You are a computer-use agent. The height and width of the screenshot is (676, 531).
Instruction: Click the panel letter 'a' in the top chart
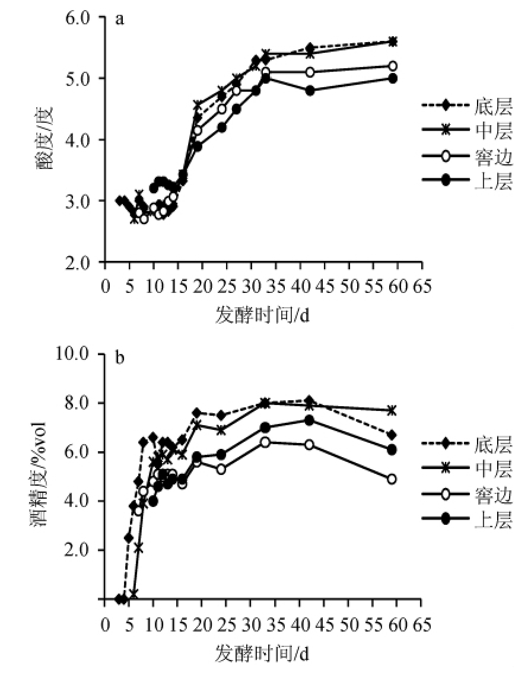120,19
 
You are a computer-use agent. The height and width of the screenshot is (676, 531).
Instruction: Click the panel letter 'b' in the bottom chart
120,359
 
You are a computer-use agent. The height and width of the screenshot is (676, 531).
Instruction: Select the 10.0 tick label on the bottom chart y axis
82,354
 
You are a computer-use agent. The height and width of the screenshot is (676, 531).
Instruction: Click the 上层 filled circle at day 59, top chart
392,78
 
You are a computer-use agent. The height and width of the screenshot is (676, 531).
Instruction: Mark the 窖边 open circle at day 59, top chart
392,66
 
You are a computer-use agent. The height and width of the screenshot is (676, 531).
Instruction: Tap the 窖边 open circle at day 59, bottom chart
392,479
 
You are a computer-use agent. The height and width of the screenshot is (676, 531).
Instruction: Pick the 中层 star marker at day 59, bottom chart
392,410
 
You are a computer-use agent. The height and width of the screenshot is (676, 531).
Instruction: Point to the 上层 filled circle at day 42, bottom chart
309,420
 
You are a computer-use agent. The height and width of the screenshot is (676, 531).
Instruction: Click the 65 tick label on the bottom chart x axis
422,625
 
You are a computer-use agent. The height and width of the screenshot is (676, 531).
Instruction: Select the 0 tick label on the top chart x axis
105,286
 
